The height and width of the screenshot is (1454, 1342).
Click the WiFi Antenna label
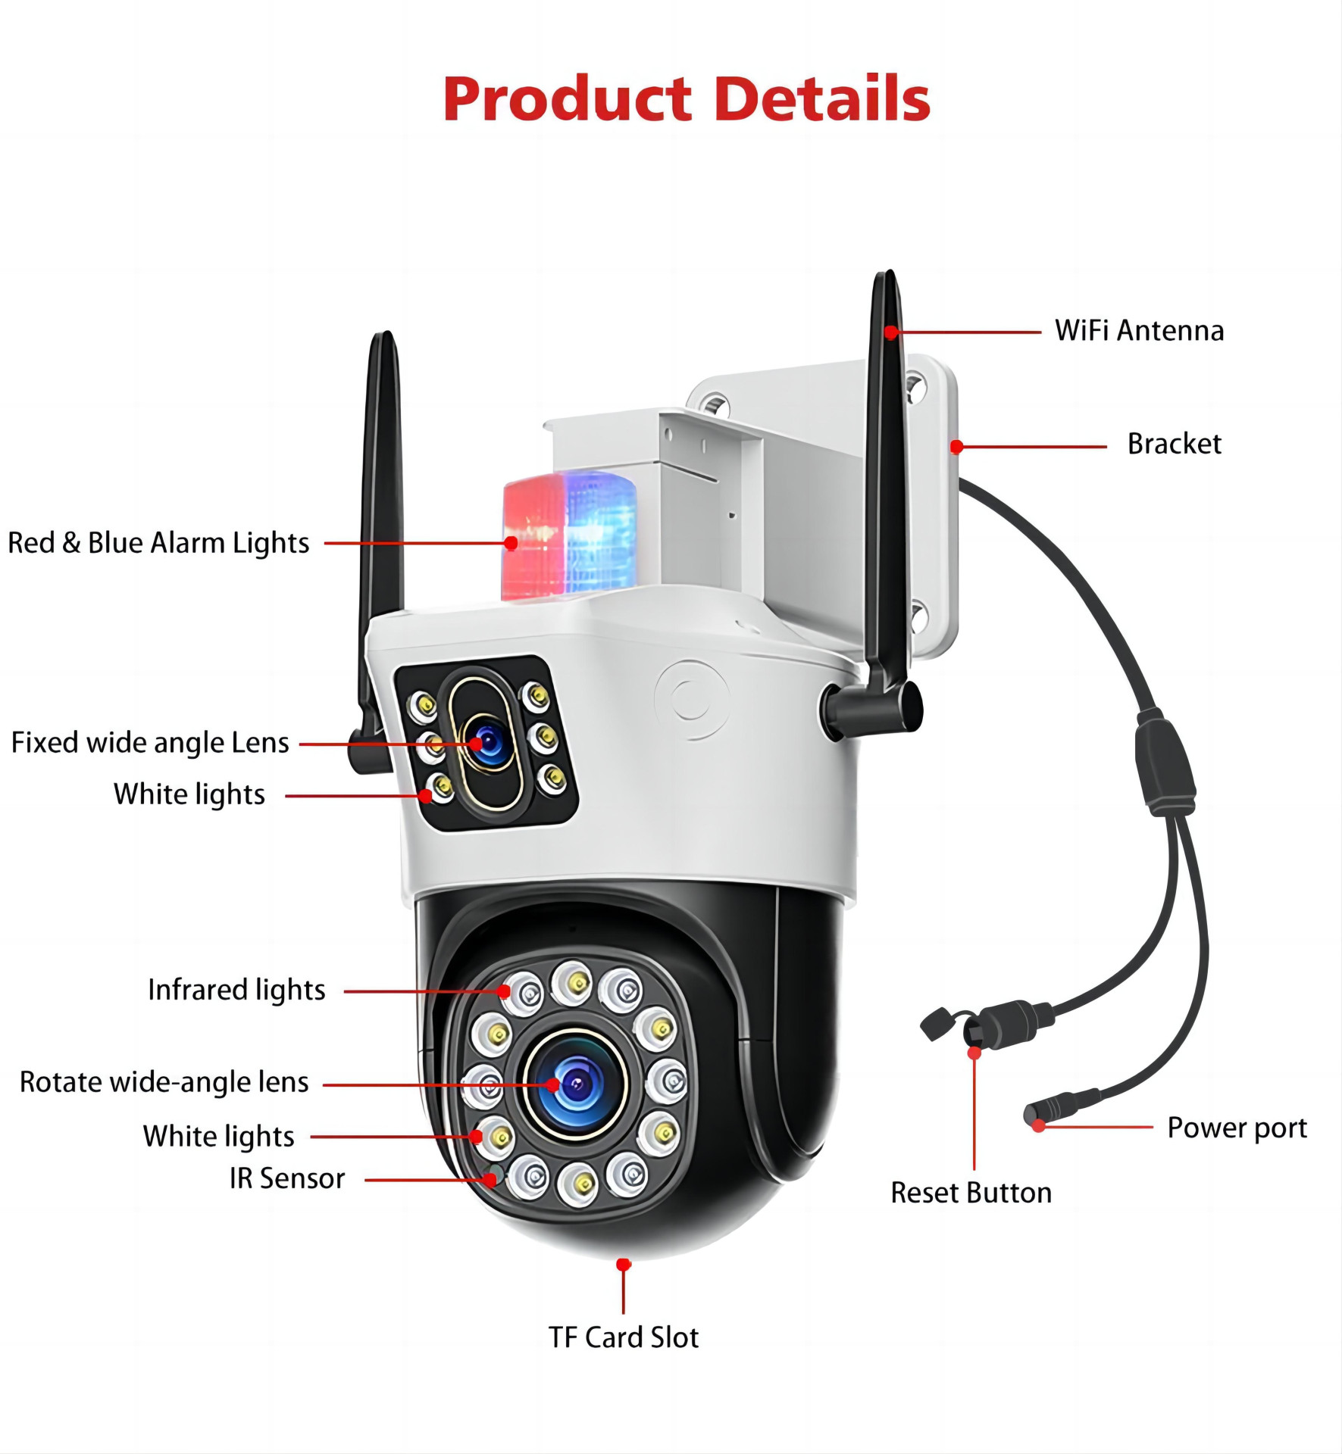click(x=1139, y=331)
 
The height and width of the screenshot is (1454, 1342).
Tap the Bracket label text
click(x=1174, y=444)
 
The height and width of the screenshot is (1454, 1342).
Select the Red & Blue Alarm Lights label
click(x=158, y=543)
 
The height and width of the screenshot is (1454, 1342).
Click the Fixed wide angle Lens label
click(x=150, y=743)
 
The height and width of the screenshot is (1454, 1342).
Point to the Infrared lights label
click(x=236, y=990)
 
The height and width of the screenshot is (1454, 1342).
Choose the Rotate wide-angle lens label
click(x=164, y=1082)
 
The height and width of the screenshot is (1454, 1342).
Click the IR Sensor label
click(x=287, y=1178)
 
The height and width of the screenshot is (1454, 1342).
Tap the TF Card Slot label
click(x=624, y=1337)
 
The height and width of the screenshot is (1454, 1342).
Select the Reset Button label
click(x=971, y=1193)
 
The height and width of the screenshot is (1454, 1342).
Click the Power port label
click(x=1237, y=1128)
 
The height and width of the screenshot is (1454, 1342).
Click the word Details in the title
click(x=822, y=98)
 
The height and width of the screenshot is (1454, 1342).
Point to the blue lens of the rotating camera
click(x=576, y=1084)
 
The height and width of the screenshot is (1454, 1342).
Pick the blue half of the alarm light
click(x=601, y=530)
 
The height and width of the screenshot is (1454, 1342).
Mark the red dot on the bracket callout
click(x=957, y=447)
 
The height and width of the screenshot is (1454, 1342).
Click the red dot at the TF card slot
click(x=624, y=1265)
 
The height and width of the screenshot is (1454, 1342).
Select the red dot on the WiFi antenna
click(x=892, y=332)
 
